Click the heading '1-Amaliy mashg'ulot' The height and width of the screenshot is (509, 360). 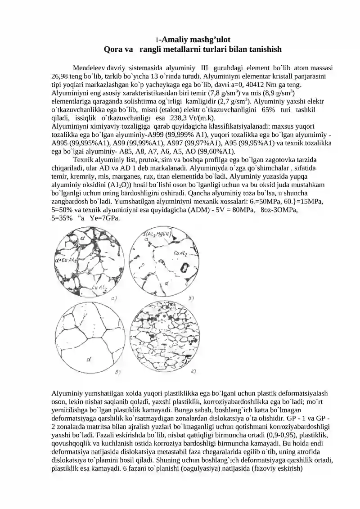193,39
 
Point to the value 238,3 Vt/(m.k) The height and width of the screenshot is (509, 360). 177,118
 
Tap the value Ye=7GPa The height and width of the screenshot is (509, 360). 104,218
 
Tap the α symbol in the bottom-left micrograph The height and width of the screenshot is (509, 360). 89,359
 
